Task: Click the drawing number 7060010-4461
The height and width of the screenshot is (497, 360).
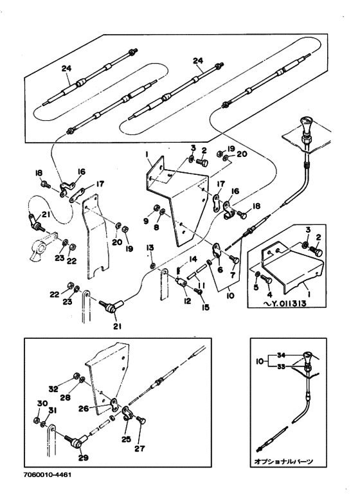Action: pyautogui.click(x=48, y=474)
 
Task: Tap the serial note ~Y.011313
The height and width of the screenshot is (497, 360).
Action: pyautogui.click(x=285, y=303)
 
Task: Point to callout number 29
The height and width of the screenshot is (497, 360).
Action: pyautogui.click(x=83, y=457)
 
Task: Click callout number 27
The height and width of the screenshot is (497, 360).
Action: pyautogui.click(x=139, y=448)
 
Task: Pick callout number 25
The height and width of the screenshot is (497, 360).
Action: pyautogui.click(x=126, y=440)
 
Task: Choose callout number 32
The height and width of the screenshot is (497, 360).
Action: pyautogui.click(x=53, y=388)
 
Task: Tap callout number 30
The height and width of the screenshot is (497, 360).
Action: pyautogui.click(x=42, y=404)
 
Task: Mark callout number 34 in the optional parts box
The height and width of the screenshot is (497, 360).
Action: pyautogui.click(x=282, y=354)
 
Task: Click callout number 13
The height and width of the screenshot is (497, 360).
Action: pyautogui.click(x=150, y=248)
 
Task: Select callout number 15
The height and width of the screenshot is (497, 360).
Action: pyautogui.click(x=206, y=307)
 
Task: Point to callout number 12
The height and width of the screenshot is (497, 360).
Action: pyautogui.click(x=188, y=300)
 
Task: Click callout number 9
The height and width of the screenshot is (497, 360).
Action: pyautogui.click(x=146, y=221)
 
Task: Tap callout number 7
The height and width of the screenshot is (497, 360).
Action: pyautogui.click(x=233, y=275)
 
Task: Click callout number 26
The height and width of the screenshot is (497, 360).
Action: pyautogui.click(x=84, y=408)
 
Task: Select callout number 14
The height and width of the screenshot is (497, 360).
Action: pyautogui.click(x=193, y=259)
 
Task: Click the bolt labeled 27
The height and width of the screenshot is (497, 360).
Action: pyautogui.click(x=141, y=420)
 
